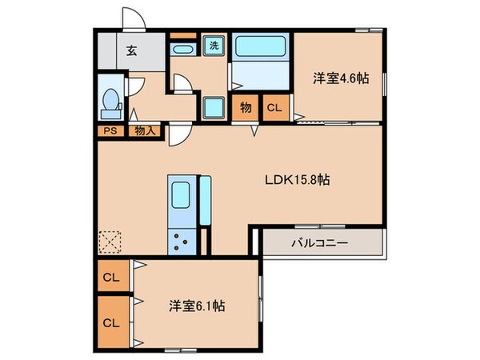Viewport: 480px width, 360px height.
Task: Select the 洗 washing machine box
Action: pos(214,46)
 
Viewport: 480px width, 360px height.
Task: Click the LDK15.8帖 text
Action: pos(298,180)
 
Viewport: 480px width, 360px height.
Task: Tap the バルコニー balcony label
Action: pos(318,242)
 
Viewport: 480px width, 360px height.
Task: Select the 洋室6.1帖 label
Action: pos(197,306)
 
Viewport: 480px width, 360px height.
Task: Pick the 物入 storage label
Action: pos(145,131)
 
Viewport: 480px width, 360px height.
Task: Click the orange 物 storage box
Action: pos(243,107)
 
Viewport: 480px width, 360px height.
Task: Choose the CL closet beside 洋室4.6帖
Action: pos(274,107)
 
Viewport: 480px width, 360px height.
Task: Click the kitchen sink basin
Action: pos(181,194)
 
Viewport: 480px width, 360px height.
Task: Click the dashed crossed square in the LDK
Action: pos(109,241)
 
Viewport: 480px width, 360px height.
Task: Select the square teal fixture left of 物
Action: pos(214,107)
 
